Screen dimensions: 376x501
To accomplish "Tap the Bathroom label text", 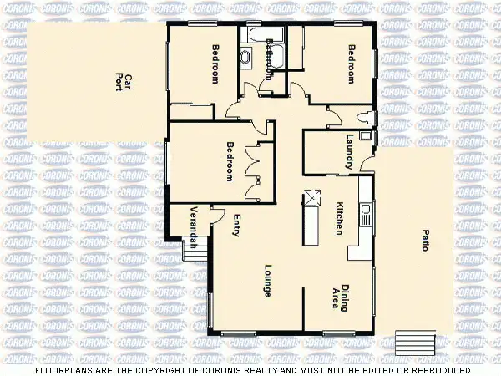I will tap(269, 58).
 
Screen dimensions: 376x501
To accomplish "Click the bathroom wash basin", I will tap(246, 58).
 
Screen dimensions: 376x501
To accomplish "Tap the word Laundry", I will tap(349, 150).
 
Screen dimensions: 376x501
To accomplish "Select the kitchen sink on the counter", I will tap(365, 213).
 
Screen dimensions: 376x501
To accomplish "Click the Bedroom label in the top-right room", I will tap(351, 63).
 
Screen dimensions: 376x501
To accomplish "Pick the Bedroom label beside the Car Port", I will tap(215, 63).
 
